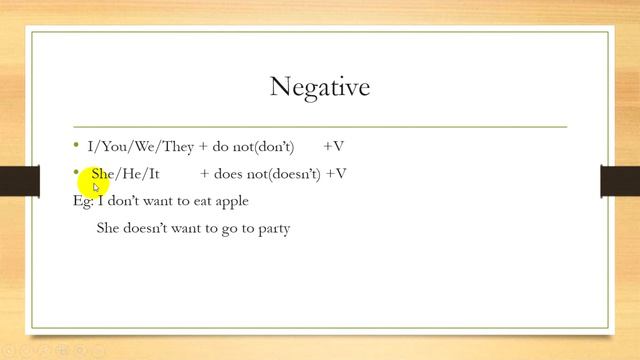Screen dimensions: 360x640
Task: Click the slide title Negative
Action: [320, 87]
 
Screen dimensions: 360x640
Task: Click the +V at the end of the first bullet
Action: [334, 146]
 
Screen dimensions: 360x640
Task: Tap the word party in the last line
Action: [271, 228]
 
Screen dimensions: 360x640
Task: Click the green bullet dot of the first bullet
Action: [76, 145]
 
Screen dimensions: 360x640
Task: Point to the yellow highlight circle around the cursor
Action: [96, 181]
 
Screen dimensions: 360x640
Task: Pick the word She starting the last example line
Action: [108, 228]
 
